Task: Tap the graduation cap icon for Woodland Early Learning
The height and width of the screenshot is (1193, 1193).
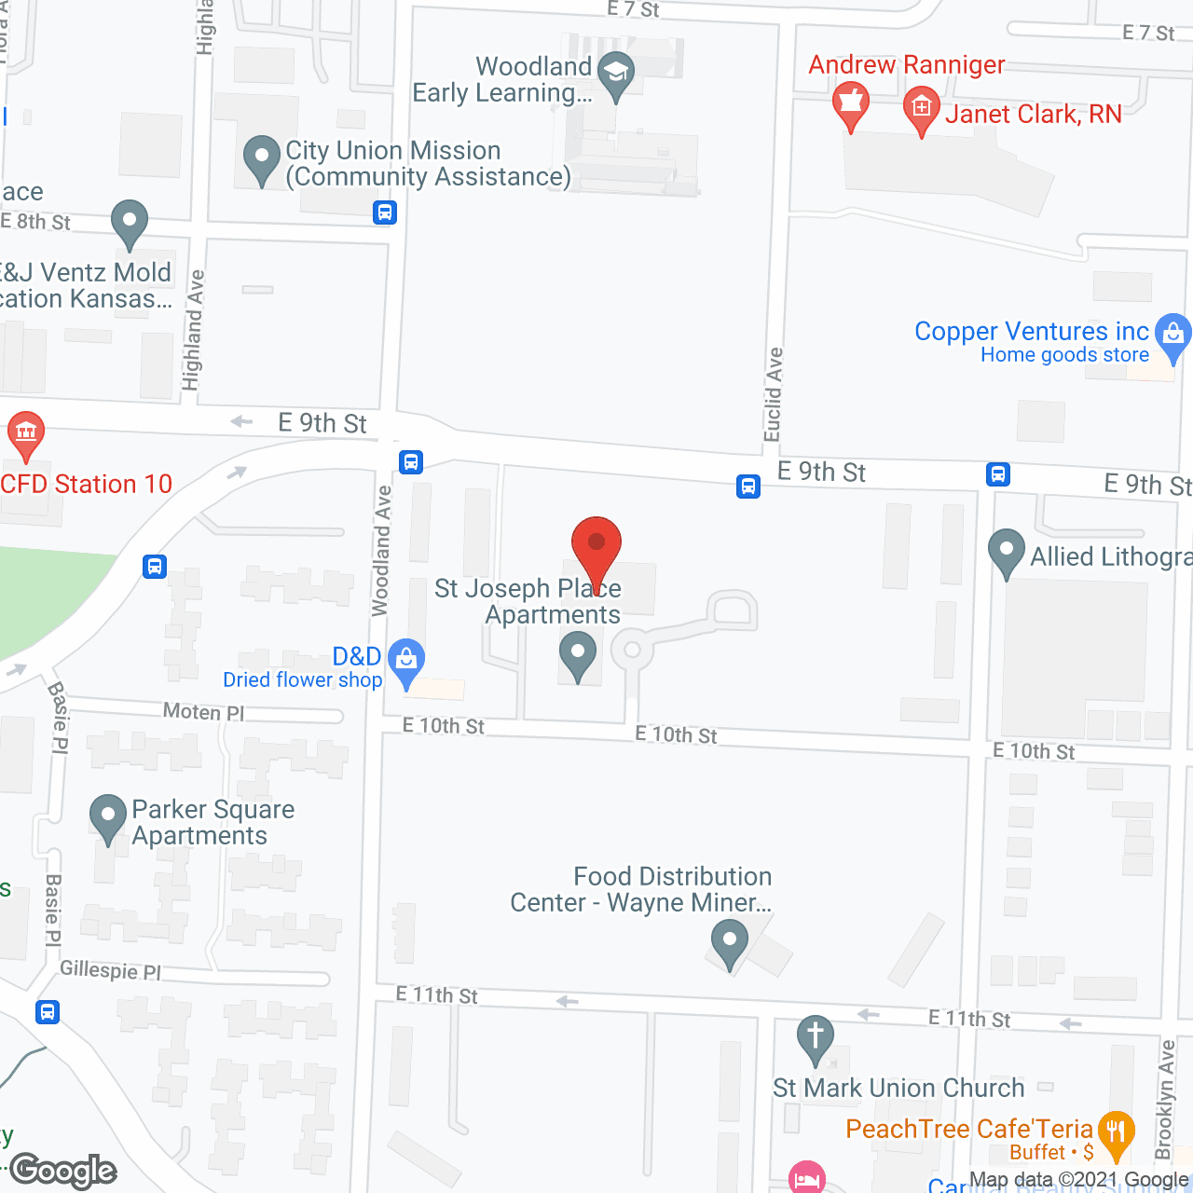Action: [x=615, y=74]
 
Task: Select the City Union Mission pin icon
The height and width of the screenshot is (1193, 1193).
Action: [x=262, y=158]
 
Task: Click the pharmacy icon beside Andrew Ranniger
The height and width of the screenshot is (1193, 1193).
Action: [x=850, y=103]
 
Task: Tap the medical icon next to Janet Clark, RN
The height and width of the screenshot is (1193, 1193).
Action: [x=922, y=108]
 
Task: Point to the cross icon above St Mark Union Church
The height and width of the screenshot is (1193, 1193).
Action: [x=816, y=1036]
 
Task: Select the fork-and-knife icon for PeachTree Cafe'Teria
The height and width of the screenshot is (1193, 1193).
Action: [x=1116, y=1133]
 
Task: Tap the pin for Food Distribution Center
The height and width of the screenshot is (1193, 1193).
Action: [x=729, y=940]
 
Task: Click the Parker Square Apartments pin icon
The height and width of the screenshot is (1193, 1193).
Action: [x=108, y=816]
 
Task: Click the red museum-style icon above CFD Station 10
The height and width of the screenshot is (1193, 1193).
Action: [x=26, y=432]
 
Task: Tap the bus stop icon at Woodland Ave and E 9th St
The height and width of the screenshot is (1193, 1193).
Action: [x=411, y=461]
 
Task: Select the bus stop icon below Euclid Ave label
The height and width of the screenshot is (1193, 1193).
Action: [x=747, y=486]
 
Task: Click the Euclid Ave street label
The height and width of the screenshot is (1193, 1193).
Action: [x=773, y=394]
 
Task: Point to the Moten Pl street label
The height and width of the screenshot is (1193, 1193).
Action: [x=203, y=712]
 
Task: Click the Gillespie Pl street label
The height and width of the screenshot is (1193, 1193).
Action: [x=110, y=970]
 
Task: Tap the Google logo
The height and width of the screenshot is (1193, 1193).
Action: [x=63, y=1171]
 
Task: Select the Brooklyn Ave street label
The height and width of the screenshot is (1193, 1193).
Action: [x=1165, y=1100]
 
